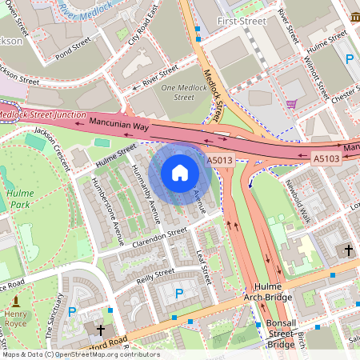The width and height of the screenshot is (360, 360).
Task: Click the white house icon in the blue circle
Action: coord(180,173)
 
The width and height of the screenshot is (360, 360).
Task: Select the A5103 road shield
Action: coord(325,158)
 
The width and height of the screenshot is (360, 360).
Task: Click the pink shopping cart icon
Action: coord(292,104)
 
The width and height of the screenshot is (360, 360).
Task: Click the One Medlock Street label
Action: coord(178,92)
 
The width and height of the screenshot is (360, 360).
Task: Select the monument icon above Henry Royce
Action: coord(15,301)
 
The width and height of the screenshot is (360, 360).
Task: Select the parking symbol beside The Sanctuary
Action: coord(72,311)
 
